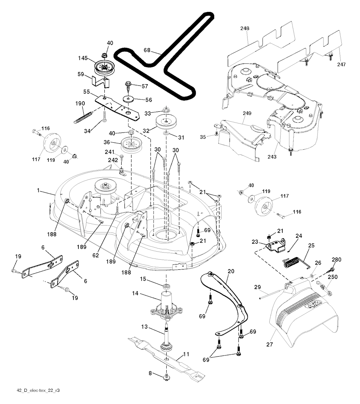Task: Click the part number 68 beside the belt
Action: pyautogui.click(x=147, y=50)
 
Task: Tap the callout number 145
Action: pyautogui.click(x=83, y=58)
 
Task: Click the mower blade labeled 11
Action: pyautogui.click(x=166, y=358)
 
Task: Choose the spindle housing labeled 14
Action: pyautogui.click(x=166, y=306)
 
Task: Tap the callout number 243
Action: pyautogui.click(x=272, y=157)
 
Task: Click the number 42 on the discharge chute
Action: pyautogui.click(x=314, y=304)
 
